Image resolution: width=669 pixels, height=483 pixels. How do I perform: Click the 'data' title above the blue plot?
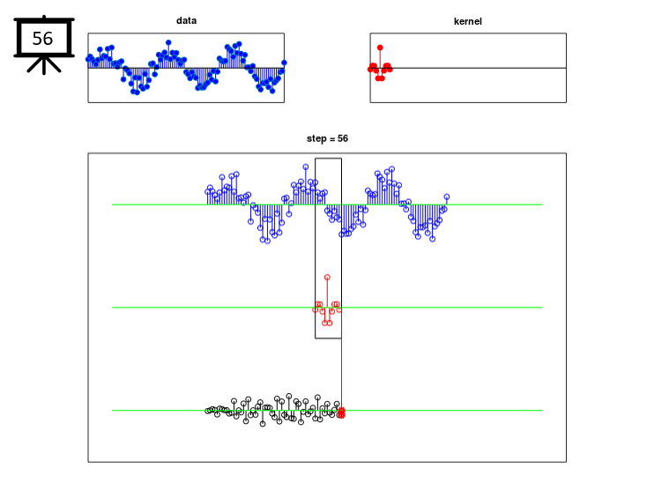[x=187, y=20]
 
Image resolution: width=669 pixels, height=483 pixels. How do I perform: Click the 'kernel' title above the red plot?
[x=468, y=21]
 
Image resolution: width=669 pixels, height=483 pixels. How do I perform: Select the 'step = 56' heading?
[x=327, y=138]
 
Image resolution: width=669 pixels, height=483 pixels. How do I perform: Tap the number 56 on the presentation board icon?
[x=42, y=39]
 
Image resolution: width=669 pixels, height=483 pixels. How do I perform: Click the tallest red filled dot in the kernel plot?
[x=380, y=48]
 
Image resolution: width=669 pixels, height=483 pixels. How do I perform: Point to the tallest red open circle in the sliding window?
[x=327, y=278]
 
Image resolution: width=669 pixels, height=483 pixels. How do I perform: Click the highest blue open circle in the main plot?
[x=306, y=167]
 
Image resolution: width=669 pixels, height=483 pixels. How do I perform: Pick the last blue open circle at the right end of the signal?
[x=447, y=197]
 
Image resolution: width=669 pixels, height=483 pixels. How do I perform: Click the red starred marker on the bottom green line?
[x=341, y=412]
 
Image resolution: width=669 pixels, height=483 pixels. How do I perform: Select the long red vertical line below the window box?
[x=341, y=374]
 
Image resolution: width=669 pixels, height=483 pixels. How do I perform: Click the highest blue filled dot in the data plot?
[x=168, y=42]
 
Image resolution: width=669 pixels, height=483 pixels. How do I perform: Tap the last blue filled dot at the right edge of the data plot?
[x=284, y=63]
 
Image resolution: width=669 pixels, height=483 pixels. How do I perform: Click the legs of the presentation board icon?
[x=44, y=65]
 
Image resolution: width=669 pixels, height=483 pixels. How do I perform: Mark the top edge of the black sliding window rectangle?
[x=328, y=159]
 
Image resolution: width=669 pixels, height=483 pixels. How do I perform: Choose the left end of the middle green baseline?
[x=112, y=308]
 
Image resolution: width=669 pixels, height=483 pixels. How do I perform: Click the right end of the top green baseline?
[x=542, y=204]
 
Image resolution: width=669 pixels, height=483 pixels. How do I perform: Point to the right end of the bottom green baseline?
[x=542, y=411]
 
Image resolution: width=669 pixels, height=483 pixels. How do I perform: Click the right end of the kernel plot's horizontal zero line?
[x=566, y=68]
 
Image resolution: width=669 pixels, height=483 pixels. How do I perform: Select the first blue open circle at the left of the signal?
[x=207, y=191]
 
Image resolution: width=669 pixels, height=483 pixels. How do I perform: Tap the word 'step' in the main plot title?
[x=316, y=139]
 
